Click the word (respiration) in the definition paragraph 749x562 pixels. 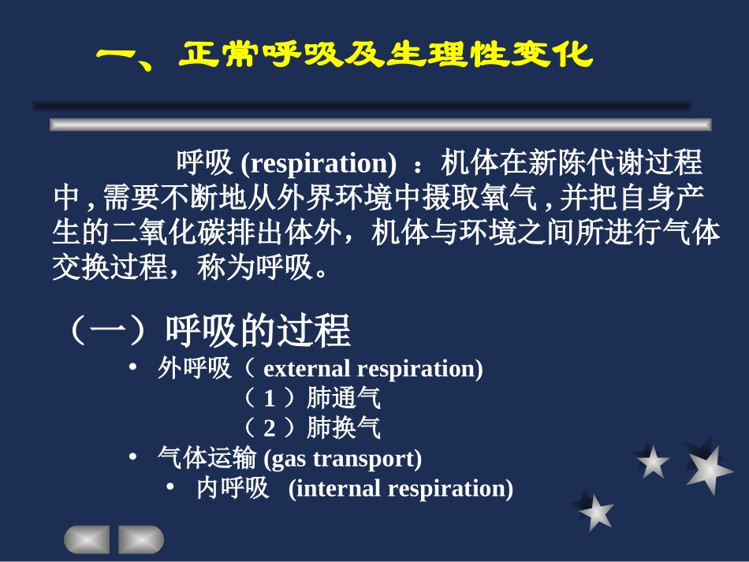[319, 163]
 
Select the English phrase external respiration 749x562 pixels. [372, 369]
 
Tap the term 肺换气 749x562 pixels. [344, 428]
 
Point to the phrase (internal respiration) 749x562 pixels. [401, 488]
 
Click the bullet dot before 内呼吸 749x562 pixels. [171, 488]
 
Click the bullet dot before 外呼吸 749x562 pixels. [133, 368]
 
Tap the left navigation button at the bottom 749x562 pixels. [87, 539]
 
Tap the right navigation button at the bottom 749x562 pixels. [141, 539]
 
